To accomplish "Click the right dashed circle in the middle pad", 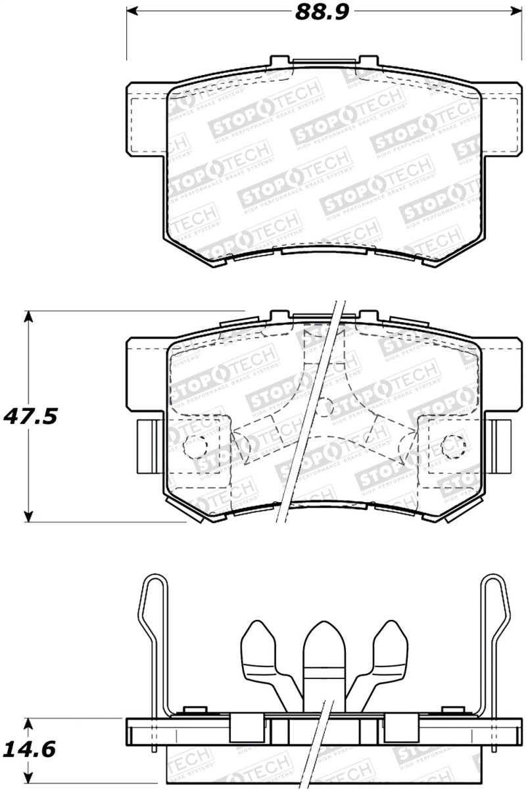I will (452, 446).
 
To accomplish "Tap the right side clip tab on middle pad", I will (501, 446).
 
